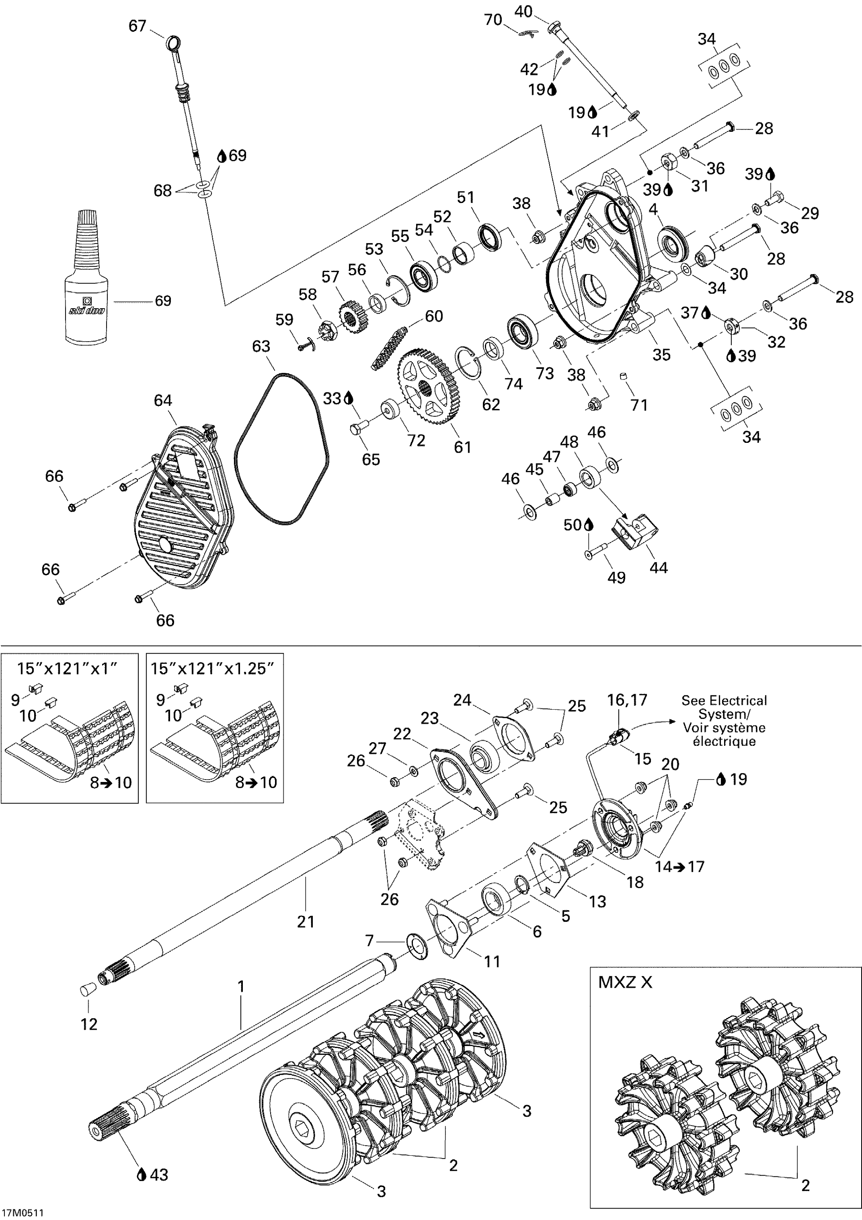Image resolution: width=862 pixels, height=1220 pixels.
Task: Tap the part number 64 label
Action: coord(163,401)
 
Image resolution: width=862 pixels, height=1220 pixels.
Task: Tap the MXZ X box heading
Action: coord(624,982)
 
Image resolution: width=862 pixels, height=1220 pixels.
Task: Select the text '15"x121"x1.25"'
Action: coord(213,669)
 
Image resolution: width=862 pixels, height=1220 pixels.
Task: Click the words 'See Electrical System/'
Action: coord(724,707)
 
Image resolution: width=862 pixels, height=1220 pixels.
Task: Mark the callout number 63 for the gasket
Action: coord(261,346)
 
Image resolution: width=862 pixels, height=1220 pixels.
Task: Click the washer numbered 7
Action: coord(419,947)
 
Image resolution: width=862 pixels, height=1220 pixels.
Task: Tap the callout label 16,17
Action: coord(627,700)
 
